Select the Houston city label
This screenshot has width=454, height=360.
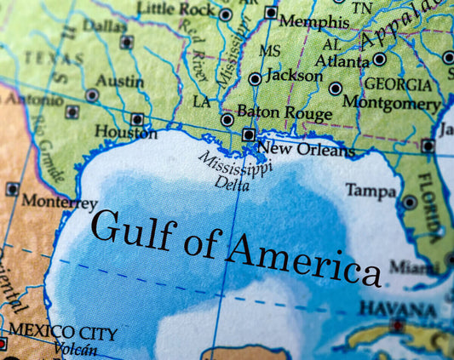point(125,133)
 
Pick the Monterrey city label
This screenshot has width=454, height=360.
point(59,202)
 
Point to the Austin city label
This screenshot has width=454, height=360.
point(119,82)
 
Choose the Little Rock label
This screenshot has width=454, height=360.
point(176,9)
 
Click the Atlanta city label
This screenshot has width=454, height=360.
point(343,60)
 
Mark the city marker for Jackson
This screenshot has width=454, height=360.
point(255,79)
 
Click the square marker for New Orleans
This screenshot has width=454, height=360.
point(249,134)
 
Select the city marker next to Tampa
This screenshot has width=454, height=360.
point(410,203)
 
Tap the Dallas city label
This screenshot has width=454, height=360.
point(105,26)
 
